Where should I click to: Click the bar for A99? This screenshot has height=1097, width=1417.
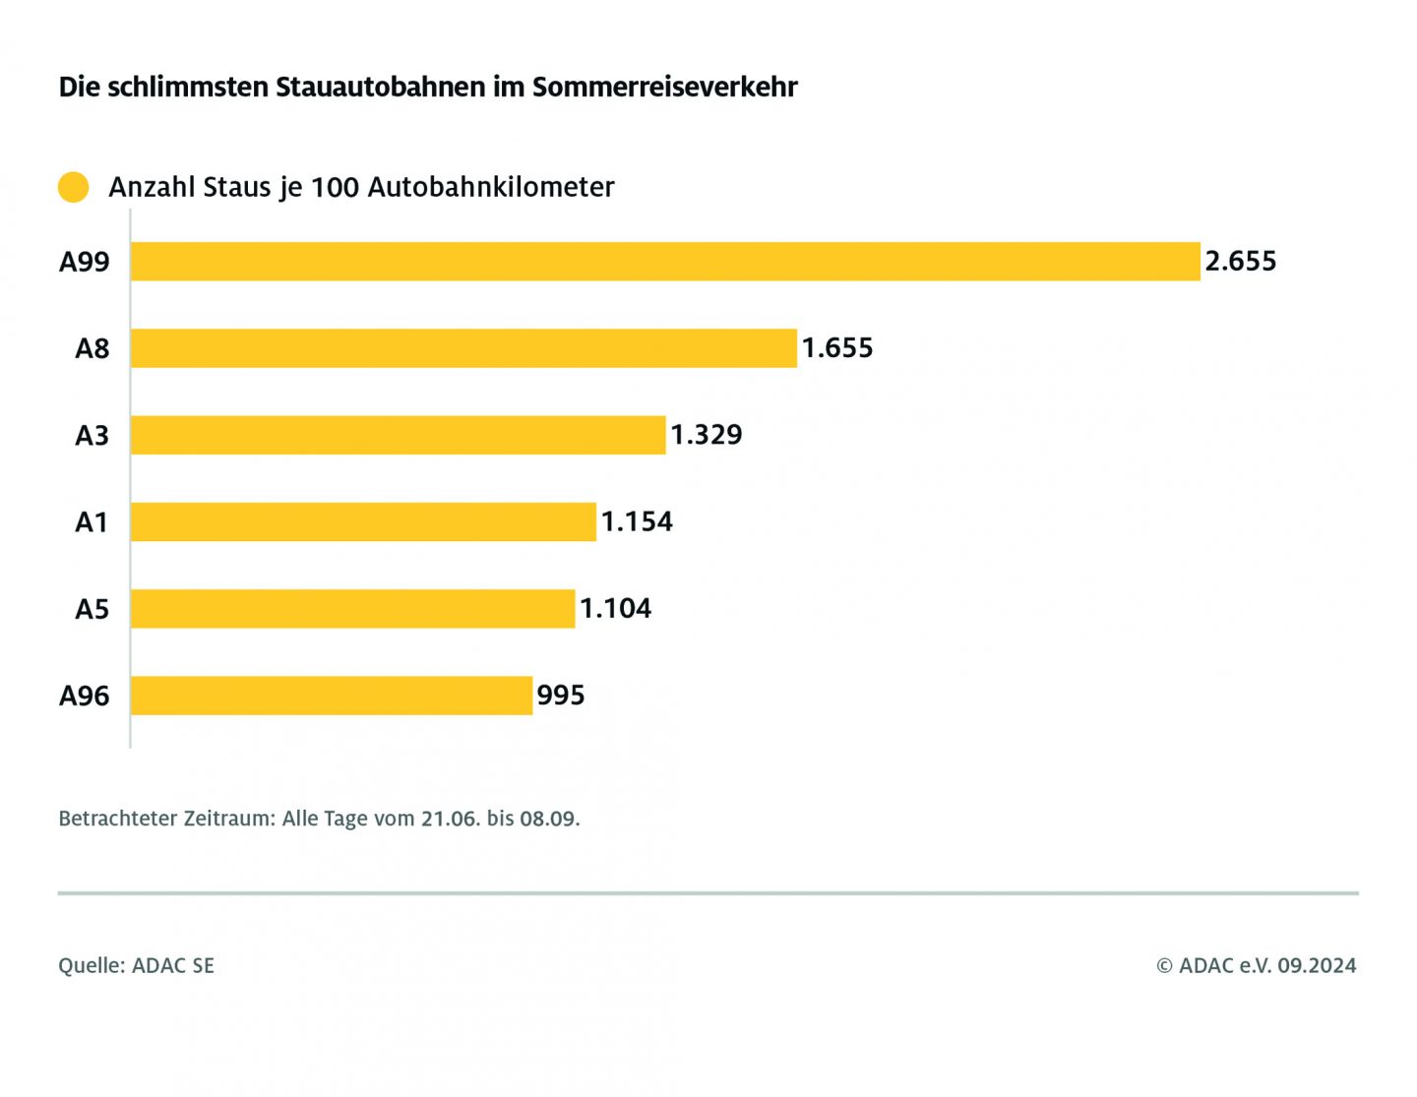coord(665,262)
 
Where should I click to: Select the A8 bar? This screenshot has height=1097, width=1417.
coord(463,348)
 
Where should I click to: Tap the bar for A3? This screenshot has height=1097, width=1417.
coord(398,435)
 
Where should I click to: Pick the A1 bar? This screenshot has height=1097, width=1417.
coord(363,521)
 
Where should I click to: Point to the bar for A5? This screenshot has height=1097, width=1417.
coord(352,609)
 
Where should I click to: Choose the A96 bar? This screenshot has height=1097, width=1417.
coord(331,696)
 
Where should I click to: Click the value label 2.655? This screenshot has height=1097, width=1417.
coord(1240,262)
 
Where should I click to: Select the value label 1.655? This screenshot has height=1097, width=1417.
coord(836,348)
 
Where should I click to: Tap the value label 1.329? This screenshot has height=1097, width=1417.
coord(706,435)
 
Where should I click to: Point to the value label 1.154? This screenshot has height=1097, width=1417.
coord(637,521)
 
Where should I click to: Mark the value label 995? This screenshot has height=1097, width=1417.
coord(560,696)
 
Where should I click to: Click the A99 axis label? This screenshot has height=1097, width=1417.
coord(85,262)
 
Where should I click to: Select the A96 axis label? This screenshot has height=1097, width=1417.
coord(85,696)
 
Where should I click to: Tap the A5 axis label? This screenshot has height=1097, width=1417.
coord(92,609)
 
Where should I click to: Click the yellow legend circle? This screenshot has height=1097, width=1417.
coord(74,187)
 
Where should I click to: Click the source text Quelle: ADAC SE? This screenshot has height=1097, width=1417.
coord(136,965)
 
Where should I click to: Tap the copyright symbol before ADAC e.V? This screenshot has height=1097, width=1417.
coord(1164,966)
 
